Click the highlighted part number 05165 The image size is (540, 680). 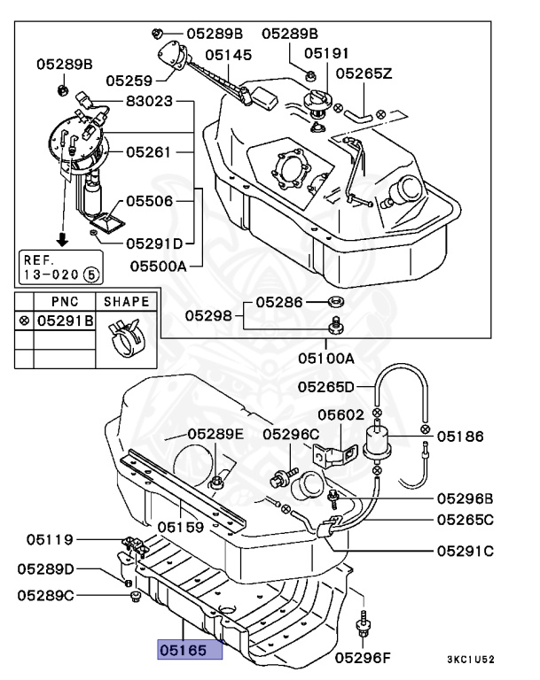[x=183, y=650]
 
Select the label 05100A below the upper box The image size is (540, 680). [x=325, y=359]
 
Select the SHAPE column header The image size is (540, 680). [x=126, y=301]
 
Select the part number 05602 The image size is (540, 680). [x=340, y=415]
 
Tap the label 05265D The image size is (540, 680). [x=325, y=387]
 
